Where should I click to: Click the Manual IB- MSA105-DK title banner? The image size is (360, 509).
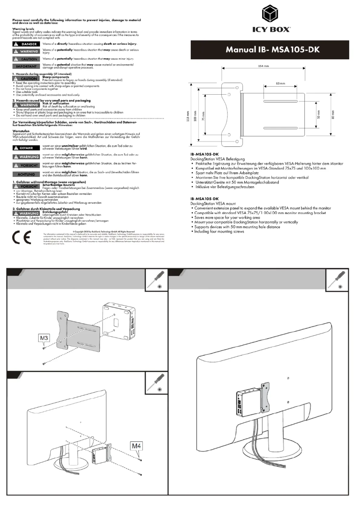(x=272, y=50)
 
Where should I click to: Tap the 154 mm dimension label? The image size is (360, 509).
(x=263, y=66)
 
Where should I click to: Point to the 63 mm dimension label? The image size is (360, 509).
(x=280, y=83)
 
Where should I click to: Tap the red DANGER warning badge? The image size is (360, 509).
(x=26, y=44)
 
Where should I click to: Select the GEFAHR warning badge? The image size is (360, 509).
(x=26, y=147)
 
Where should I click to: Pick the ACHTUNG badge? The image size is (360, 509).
(x=26, y=174)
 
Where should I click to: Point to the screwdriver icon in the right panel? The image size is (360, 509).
(x=337, y=280)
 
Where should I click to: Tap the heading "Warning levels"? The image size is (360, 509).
(x=22, y=28)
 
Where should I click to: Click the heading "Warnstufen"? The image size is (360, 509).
(x=21, y=132)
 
